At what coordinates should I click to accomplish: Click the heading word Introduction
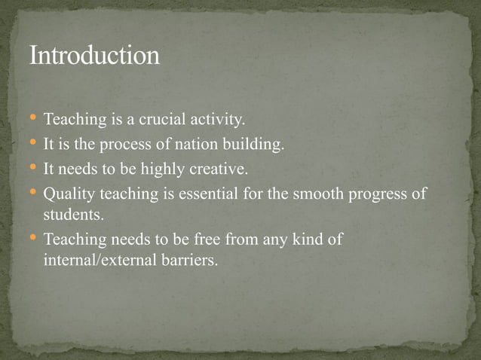[94, 56]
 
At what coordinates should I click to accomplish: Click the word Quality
[67, 194]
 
